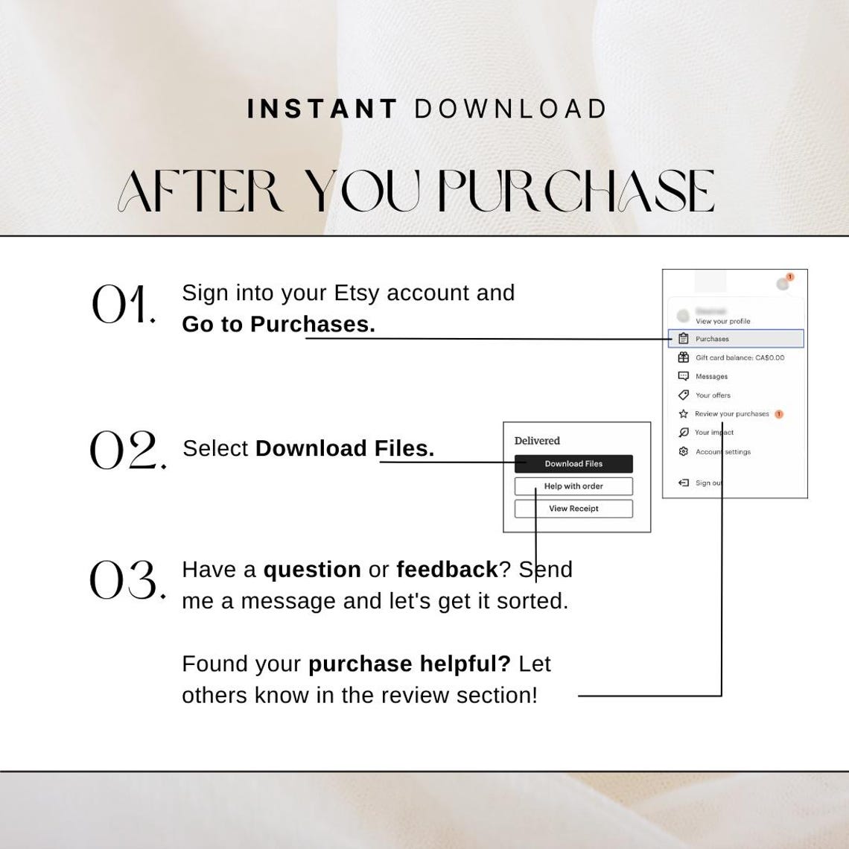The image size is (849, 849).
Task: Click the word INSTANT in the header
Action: click(x=322, y=109)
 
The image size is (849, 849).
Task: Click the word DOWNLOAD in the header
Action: click(x=511, y=109)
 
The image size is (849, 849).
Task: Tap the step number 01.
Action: click(x=123, y=305)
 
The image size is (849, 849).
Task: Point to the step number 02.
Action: click(x=127, y=451)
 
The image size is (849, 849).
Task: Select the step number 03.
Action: click(x=127, y=580)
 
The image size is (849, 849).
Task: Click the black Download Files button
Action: click(x=573, y=464)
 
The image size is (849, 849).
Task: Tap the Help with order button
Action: click(x=573, y=486)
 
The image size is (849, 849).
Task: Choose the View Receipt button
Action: click(x=573, y=509)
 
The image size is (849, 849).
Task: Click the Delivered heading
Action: click(x=537, y=441)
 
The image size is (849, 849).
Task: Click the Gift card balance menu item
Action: click(x=739, y=357)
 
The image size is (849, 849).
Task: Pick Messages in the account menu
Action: click(x=711, y=376)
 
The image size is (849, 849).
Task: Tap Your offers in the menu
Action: click(x=713, y=395)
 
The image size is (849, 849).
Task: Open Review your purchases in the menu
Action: click(x=731, y=414)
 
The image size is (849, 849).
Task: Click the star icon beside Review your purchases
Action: click(x=683, y=414)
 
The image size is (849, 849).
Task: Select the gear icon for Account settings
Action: click(x=683, y=452)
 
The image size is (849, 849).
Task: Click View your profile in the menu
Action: click(x=722, y=321)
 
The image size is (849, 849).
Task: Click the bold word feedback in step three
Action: click(x=447, y=570)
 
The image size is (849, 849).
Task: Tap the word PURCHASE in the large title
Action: click(x=576, y=191)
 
